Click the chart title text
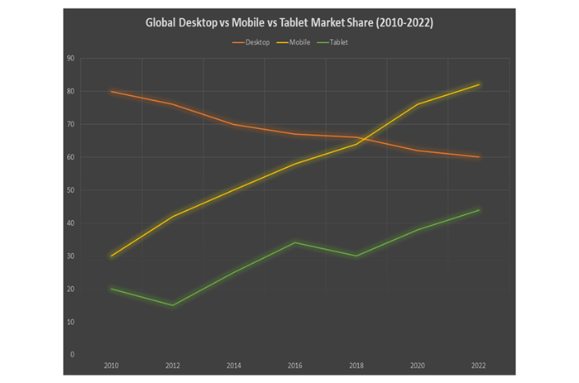pyautogui.click(x=289, y=23)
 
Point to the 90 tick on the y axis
pyautogui.click(x=71, y=59)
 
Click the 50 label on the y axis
pyautogui.click(x=71, y=190)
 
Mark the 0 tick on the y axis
pyautogui.click(x=73, y=355)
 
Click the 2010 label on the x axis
pyautogui.click(x=111, y=365)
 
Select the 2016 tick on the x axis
pyautogui.click(x=294, y=365)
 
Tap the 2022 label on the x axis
pyautogui.click(x=479, y=365)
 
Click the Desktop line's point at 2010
pyautogui.click(x=111, y=91)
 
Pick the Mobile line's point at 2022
pyautogui.click(x=479, y=84)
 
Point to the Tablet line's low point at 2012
pyautogui.click(x=172, y=305)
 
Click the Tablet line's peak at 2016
pyautogui.click(x=294, y=242)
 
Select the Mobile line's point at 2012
pyautogui.click(x=172, y=217)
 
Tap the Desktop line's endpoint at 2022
pyautogui.click(x=479, y=157)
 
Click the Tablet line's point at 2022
pyautogui.click(x=479, y=210)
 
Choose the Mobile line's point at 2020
pyautogui.click(x=418, y=104)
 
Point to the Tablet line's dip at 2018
pyautogui.click(x=356, y=256)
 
